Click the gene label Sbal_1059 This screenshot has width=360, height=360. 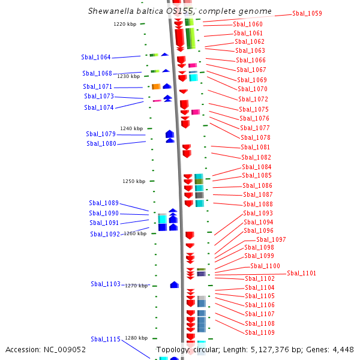coord(307,13)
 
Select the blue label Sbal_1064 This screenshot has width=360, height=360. coord(96,57)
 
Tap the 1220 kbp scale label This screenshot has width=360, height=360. coord(125,24)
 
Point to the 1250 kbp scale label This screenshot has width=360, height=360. coord(134,181)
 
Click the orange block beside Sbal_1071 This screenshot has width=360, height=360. coord(156,86)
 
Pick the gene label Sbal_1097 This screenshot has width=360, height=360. coord(271,239)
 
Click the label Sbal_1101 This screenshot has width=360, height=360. coord(301,273)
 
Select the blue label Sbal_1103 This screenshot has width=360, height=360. coord(106,284)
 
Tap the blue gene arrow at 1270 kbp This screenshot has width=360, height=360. coord(175,284)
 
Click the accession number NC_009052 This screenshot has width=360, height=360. coord(65,350)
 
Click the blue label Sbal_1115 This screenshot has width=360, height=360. coord(106,339)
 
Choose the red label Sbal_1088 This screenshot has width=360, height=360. coord(258,204)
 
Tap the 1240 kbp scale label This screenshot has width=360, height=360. coord(131,128)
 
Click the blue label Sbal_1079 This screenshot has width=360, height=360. coord(101,134)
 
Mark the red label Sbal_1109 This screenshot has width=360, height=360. coord(260,332)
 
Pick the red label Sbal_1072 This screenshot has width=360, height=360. coord(253,99)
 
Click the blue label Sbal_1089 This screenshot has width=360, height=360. coord(104,203)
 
